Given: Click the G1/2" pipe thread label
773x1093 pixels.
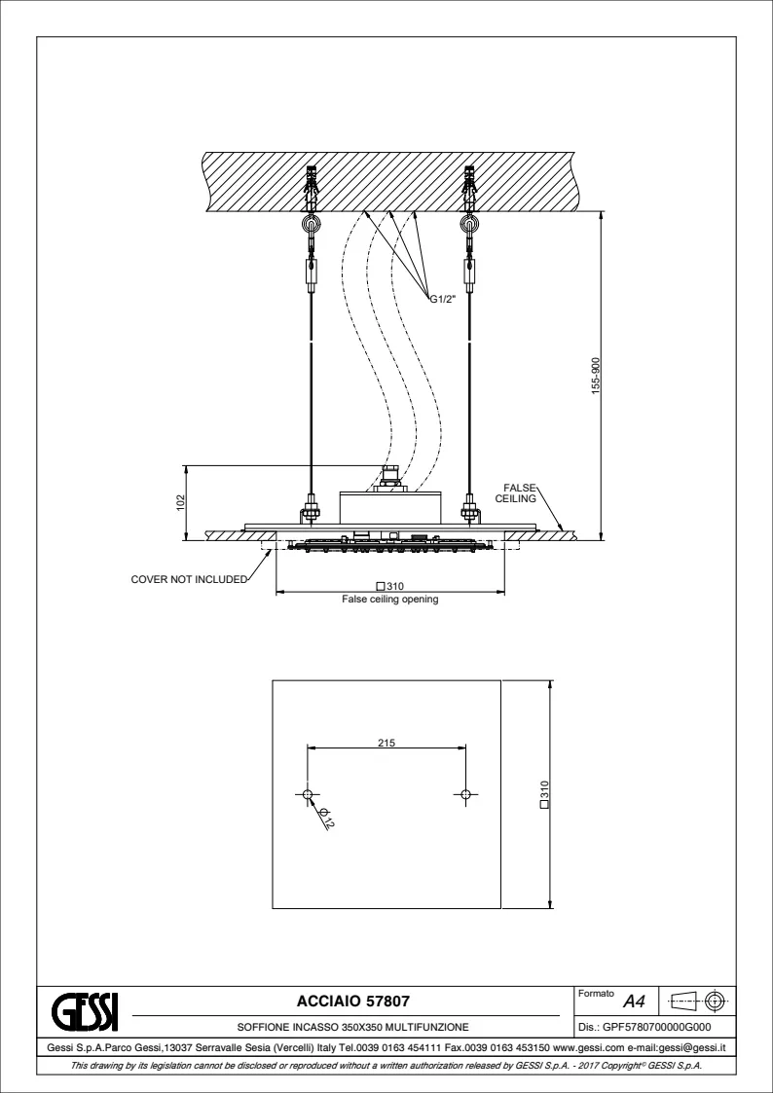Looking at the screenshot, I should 444,300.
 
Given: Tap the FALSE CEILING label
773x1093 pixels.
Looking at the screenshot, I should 517,492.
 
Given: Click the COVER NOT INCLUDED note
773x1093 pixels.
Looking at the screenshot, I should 189,579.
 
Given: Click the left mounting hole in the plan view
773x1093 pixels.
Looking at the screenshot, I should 308,795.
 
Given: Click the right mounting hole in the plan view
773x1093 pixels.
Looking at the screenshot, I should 466,795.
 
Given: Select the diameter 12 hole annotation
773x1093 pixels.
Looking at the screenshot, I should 327,820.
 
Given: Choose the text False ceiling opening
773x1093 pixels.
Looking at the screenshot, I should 390,600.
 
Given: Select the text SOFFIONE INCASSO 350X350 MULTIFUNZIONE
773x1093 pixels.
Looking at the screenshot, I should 352,1026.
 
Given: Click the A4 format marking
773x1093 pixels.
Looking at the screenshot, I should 634,1001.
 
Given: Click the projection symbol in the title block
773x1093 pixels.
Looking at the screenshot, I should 700,1001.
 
